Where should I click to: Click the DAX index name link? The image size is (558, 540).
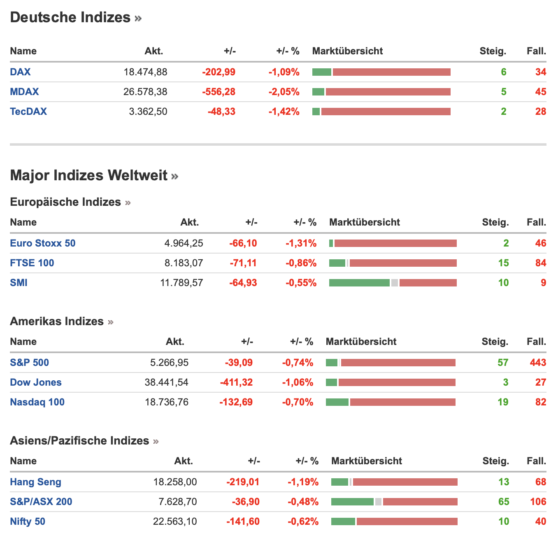pyautogui.click(x=20, y=72)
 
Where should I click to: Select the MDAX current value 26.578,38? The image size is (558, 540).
pyautogui.click(x=145, y=91)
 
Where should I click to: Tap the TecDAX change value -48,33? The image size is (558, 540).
pyautogui.click(x=221, y=111)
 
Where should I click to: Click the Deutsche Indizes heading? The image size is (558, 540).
pyautogui.click(x=70, y=17)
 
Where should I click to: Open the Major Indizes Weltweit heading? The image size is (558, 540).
pyautogui.click(x=88, y=175)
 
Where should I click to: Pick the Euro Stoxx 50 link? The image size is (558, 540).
pyautogui.click(x=43, y=243)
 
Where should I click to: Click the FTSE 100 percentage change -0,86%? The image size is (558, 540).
pyautogui.click(x=301, y=263)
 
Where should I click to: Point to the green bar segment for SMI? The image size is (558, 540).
pyautogui.click(x=359, y=283)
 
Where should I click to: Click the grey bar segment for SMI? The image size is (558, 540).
pyautogui.click(x=395, y=283)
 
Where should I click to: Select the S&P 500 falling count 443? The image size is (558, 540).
pyautogui.click(x=538, y=362)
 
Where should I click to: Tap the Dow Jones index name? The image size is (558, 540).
pyautogui.click(x=36, y=382)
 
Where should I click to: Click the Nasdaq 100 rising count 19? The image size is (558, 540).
pyautogui.click(x=503, y=402)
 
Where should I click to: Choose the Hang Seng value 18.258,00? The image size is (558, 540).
pyautogui.click(x=175, y=482)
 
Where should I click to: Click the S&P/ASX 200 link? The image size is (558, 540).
pyautogui.click(x=41, y=501)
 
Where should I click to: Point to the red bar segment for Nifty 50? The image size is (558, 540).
pyautogui.click(x=407, y=521)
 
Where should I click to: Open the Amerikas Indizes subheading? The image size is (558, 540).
pyautogui.click(x=57, y=321)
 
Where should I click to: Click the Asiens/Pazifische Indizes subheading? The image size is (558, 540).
pyautogui.click(x=79, y=440)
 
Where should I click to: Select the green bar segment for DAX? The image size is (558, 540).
pyautogui.click(x=322, y=72)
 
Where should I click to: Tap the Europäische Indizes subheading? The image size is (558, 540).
pyautogui.click(x=65, y=202)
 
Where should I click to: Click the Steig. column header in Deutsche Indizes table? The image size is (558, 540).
pyautogui.click(x=493, y=51)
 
